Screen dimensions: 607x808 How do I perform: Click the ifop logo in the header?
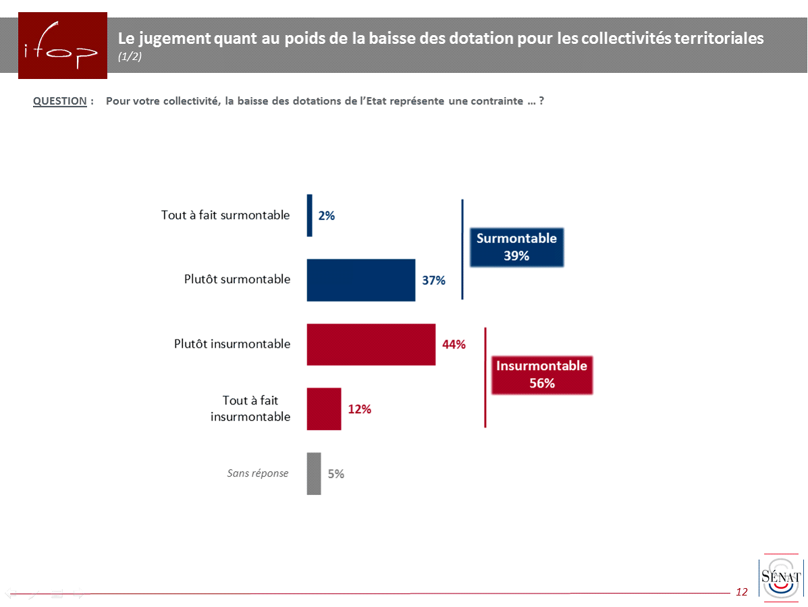[x=62, y=46]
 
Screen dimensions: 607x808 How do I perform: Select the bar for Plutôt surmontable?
[x=361, y=280]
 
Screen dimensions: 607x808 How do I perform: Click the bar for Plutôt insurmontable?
[x=371, y=344]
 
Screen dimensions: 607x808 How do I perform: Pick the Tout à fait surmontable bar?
[x=310, y=215]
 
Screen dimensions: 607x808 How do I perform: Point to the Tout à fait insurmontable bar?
[x=324, y=408]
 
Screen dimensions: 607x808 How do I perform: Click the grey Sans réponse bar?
[x=314, y=473]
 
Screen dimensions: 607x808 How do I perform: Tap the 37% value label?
[x=434, y=280]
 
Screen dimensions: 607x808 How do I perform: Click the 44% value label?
[x=454, y=344]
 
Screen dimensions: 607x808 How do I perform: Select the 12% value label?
[x=360, y=409]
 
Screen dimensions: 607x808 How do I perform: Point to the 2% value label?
[x=327, y=216]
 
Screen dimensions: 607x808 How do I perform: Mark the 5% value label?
[x=336, y=474]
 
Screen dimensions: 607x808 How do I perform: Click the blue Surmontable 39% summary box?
[x=516, y=247]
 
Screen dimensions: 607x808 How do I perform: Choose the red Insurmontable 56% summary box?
[x=542, y=375]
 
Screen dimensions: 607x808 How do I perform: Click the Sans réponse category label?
[x=258, y=473]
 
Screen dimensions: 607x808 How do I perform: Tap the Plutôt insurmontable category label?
[x=232, y=344]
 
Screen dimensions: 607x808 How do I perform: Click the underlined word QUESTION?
[x=60, y=101]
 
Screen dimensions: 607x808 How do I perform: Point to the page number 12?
[x=742, y=592]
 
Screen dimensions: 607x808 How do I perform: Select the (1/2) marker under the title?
[x=130, y=57]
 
